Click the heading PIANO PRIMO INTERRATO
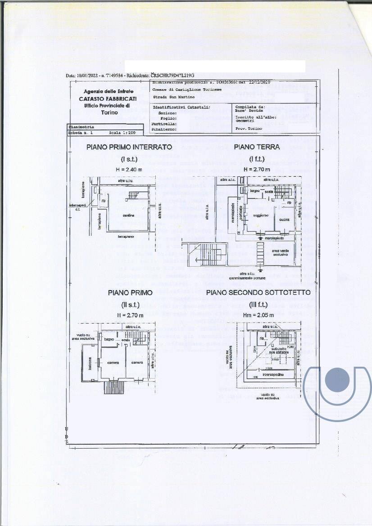129,147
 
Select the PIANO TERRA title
256,147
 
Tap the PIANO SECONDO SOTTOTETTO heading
258,292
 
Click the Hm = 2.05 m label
258,315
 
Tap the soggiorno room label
260,216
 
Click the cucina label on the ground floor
284,219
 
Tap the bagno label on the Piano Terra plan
256,191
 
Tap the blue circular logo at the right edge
337,380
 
